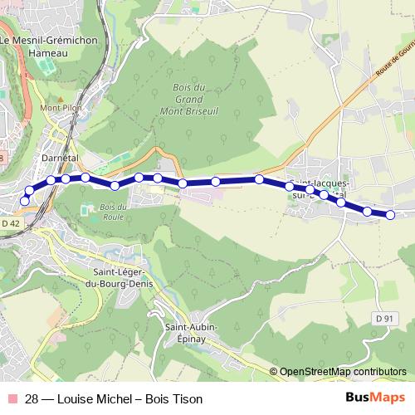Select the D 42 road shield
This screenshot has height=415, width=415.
point(10,223)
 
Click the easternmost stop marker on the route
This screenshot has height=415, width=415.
point(390,216)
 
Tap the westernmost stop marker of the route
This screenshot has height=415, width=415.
point(24,201)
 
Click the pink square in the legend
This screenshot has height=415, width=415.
point(10,399)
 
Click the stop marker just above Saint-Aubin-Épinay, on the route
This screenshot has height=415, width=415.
point(183,183)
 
